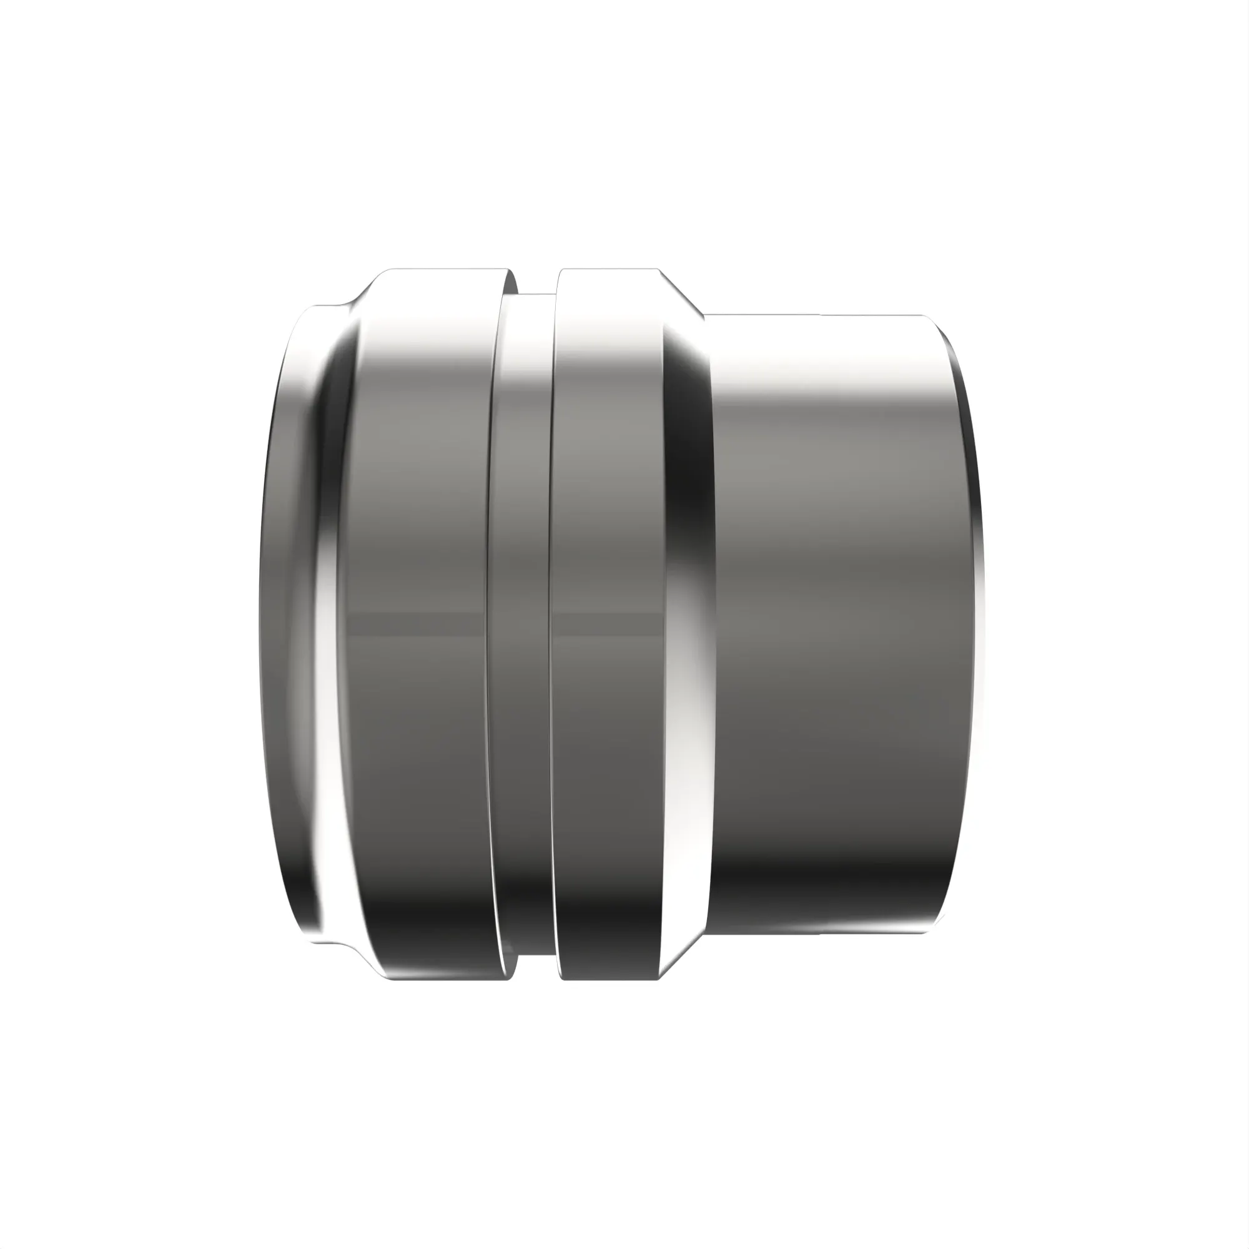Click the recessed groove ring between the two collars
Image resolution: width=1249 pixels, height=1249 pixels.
coord(520,621)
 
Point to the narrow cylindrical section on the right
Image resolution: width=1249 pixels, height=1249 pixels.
coord(834,621)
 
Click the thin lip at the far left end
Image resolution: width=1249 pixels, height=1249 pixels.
coord(284,621)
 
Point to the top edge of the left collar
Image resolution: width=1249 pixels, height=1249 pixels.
coord(446,270)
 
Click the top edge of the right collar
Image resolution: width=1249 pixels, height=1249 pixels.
coord(608,270)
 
